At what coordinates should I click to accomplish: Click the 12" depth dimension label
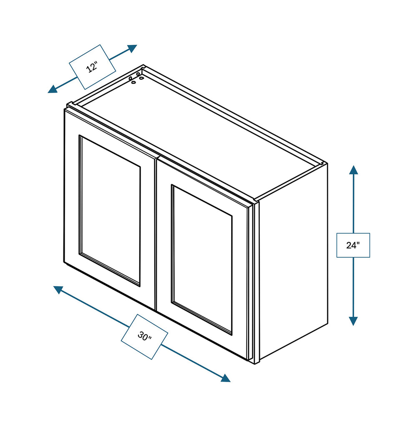click(x=92, y=67)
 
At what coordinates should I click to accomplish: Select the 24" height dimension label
click(x=353, y=245)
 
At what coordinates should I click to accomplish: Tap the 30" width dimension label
click(x=144, y=337)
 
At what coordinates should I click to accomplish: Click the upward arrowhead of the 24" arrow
click(x=354, y=170)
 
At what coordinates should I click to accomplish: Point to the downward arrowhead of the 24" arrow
click(x=353, y=321)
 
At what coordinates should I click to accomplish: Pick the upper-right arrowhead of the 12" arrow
click(x=132, y=48)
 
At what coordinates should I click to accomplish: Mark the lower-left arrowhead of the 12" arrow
click(x=53, y=89)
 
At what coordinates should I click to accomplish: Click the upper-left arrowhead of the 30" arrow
click(x=58, y=289)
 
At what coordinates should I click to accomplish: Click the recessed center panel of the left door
click(x=110, y=210)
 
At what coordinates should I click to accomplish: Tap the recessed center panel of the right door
click(x=202, y=259)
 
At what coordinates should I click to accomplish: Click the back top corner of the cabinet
click(x=143, y=65)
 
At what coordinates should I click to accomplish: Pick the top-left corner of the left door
click(x=65, y=110)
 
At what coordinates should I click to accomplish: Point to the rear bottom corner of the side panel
click(x=327, y=324)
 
